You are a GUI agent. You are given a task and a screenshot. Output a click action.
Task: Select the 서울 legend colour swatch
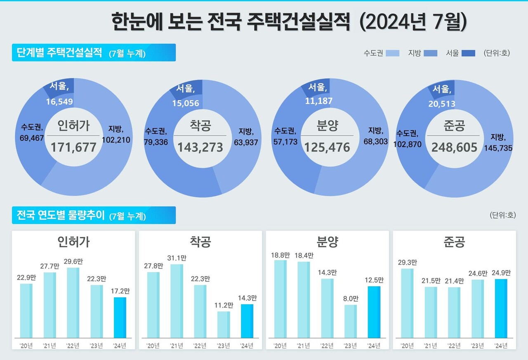[x=468, y=53]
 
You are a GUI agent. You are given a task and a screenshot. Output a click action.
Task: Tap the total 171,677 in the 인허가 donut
[x=73, y=147]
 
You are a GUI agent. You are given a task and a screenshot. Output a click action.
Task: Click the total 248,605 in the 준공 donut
[x=454, y=147]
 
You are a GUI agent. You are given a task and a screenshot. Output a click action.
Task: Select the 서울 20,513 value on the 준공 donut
[x=441, y=104]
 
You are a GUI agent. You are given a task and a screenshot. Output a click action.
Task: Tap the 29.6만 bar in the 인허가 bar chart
[x=73, y=302]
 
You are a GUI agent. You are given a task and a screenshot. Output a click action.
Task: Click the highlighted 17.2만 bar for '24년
[x=120, y=317]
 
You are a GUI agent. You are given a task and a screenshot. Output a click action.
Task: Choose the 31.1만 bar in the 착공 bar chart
[x=177, y=301]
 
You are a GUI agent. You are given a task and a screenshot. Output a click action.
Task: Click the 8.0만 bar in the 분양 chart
[x=350, y=321]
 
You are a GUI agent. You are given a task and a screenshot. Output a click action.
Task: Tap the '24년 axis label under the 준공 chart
[x=501, y=345]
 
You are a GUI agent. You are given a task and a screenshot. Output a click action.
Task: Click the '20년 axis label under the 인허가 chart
[x=26, y=345]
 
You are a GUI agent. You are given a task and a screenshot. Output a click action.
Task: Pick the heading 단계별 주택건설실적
[x=59, y=53]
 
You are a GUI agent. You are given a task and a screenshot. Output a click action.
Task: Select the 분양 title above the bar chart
[x=327, y=242]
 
